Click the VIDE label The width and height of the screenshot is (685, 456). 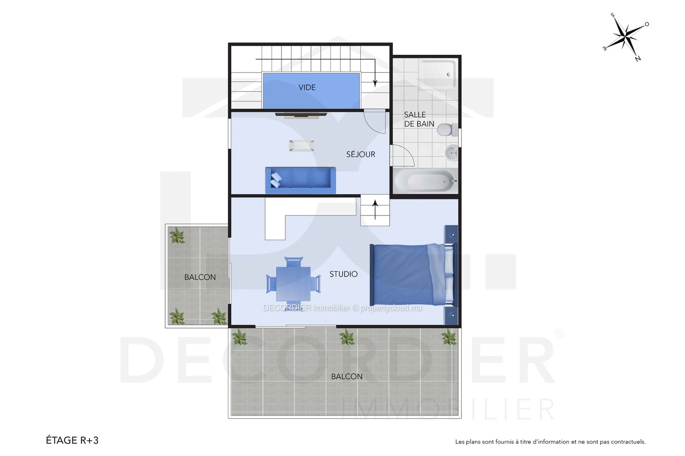307,87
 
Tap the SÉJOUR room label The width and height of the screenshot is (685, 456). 360,154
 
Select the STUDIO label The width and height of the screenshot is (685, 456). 343,274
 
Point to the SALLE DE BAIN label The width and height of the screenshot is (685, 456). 419,119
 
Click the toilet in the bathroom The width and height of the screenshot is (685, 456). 447,130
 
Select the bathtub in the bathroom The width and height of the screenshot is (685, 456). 425,181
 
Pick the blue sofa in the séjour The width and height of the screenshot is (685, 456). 300,180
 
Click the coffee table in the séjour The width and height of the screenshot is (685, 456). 301,145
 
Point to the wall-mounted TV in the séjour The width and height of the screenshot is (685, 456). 301,115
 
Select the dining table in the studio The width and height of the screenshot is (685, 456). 293,284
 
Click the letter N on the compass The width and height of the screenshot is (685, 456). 638,59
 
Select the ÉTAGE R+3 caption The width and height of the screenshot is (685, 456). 72,440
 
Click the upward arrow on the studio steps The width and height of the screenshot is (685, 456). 375,210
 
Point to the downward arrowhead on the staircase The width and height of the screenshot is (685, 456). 375,83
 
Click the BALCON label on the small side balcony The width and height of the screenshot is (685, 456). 200,277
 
